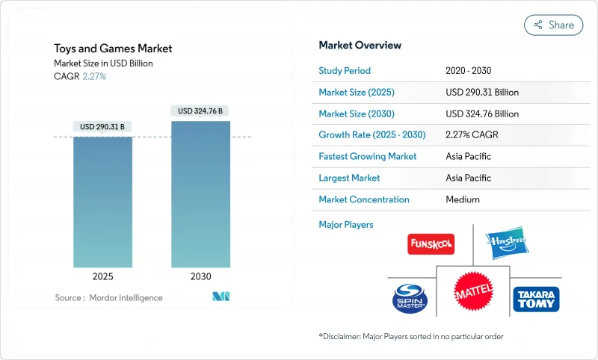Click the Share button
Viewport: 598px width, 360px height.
[x=553, y=25]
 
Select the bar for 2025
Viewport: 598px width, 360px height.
[x=102, y=202]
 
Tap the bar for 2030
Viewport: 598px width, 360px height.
[x=200, y=194]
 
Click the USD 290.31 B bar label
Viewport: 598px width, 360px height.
[x=102, y=127]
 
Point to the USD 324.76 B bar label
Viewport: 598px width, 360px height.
[x=200, y=111]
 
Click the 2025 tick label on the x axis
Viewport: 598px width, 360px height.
[x=102, y=276]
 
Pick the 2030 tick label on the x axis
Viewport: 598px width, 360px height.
[x=200, y=276]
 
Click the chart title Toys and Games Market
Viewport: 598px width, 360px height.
[x=113, y=49]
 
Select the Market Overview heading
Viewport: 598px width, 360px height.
[x=360, y=46]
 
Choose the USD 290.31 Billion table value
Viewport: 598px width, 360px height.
[x=481, y=93]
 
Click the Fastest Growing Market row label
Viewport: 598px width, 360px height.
[x=368, y=157]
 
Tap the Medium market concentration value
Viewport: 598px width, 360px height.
[x=463, y=199]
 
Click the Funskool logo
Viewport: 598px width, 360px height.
[x=431, y=244]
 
